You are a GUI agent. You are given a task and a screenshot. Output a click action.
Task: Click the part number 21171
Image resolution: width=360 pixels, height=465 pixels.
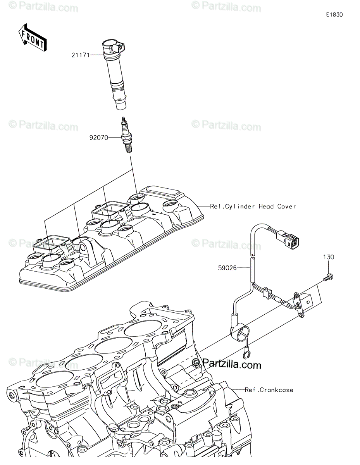[80, 55]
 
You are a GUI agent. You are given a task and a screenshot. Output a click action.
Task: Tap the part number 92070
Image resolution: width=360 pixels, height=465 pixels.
[98, 138]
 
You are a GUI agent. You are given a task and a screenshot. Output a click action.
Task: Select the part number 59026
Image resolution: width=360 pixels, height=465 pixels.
[227, 268]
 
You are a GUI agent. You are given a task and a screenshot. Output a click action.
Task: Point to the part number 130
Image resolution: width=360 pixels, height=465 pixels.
[329, 257]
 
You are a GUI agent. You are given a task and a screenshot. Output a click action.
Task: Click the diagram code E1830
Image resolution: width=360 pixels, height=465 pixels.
[334, 15]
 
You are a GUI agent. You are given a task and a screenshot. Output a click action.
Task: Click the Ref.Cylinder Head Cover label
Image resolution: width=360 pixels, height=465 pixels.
[253, 207]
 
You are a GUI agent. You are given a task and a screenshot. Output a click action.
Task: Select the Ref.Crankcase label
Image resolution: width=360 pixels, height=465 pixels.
[269, 390]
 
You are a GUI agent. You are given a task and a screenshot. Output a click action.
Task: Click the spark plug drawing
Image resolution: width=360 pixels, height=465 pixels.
[126, 135]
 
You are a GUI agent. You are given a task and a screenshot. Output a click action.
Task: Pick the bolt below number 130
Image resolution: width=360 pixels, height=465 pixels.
[328, 277]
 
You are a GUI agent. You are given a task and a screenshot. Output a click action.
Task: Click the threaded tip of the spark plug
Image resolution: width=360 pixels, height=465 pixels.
[128, 148]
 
